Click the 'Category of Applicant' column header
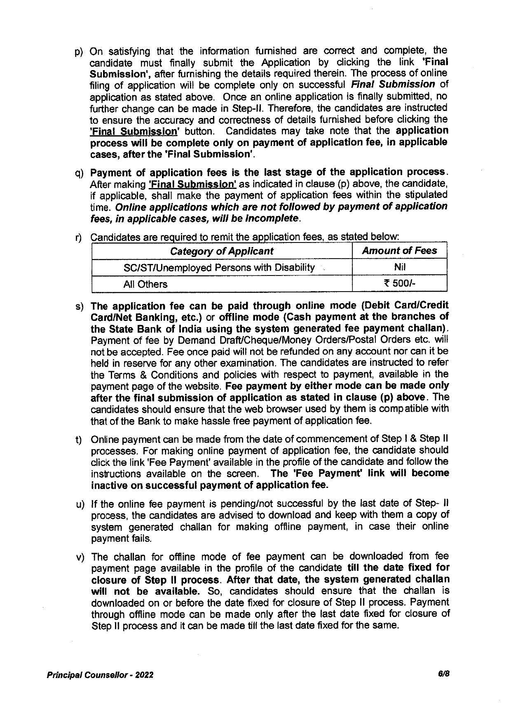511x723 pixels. click(x=222, y=251)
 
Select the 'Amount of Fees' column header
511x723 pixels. click(x=399, y=251)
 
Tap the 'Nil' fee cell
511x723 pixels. click(x=399, y=267)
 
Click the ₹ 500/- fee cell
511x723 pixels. click(x=399, y=284)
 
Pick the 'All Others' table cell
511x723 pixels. click(x=145, y=284)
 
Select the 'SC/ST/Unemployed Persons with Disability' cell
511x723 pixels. click(x=219, y=268)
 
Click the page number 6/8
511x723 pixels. click(x=443, y=674)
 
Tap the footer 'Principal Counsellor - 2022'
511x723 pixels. click(x=100, y=675)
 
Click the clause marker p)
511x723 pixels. click(x=79, y=52)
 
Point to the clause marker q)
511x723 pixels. click(x=79, y=173)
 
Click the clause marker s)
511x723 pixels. click(x=79, y=306)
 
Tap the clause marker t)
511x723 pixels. click(x=78, y=440)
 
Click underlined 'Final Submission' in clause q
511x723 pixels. click(x=192, y=184)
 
